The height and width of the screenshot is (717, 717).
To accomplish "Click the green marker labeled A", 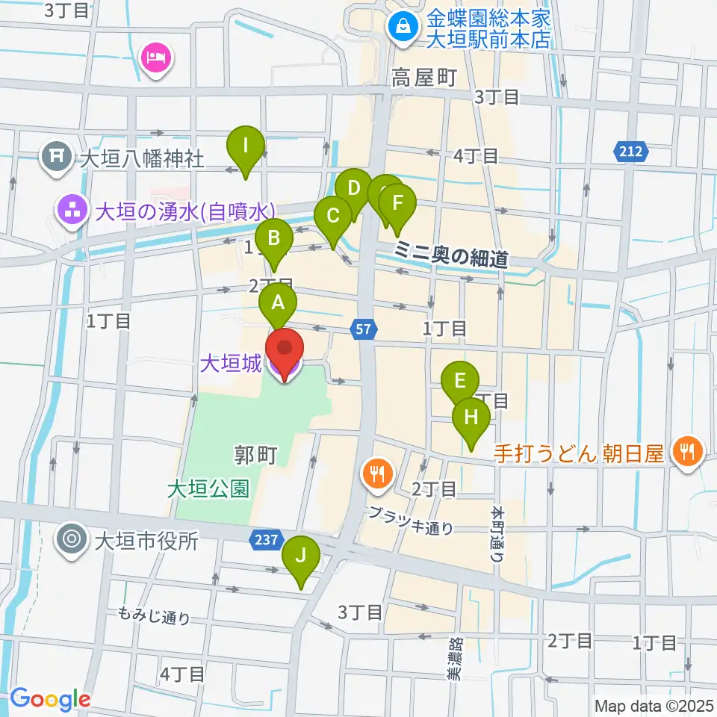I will coord(278,304).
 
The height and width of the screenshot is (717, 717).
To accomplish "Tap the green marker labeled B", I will coord(274,240).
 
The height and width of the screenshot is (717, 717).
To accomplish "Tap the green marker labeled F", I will coord(397,204).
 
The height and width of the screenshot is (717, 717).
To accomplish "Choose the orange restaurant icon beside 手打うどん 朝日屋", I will coord(686,451).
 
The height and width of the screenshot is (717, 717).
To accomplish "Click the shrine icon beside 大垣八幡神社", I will coord(57,158).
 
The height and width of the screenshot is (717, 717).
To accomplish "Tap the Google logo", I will coord(50,699).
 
